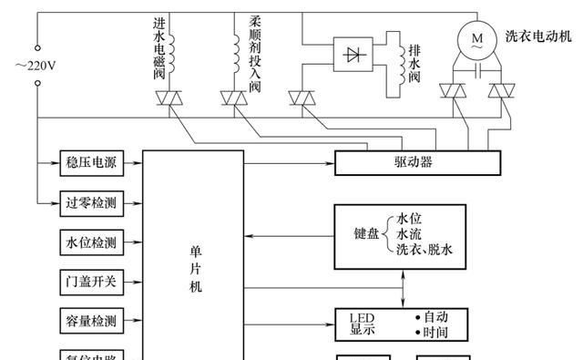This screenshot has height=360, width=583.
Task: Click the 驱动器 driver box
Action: coord(418,163)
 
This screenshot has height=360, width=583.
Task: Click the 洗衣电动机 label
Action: coord(538,36)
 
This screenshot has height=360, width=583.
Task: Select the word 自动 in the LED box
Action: coord(436,316)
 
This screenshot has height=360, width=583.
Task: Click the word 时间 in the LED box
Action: coord(436,330)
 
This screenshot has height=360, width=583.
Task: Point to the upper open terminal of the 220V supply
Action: coord(37,46)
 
